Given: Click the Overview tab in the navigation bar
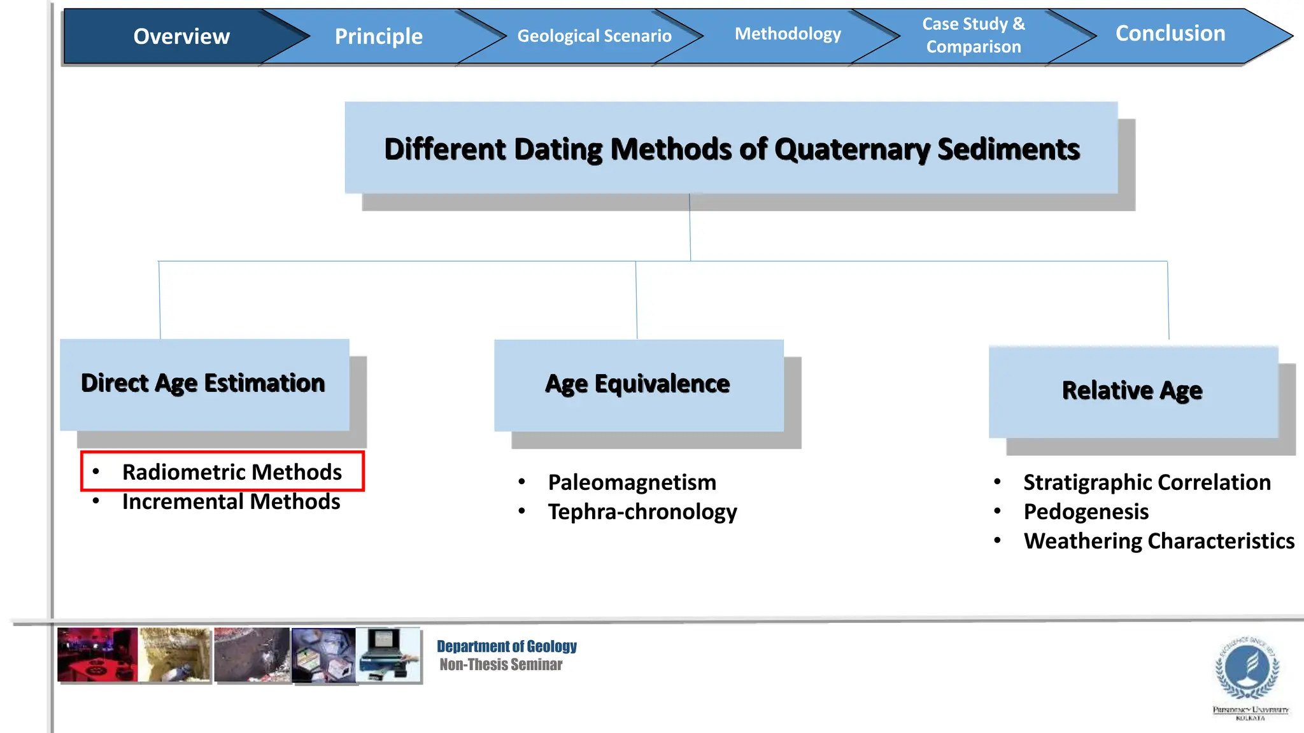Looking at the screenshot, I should click(181, 36).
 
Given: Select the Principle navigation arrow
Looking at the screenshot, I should click(378, 36).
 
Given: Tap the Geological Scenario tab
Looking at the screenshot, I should click(593, 36).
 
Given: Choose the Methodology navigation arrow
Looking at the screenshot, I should click(788, 34).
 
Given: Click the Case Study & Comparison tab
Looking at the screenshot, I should click(973, 35).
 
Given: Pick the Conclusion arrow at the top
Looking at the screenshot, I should click(1170, 33).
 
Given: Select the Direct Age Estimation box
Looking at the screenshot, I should click(204, 384).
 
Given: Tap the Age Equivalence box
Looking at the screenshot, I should click(638, 384).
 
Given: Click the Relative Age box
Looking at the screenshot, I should click(1132, 391).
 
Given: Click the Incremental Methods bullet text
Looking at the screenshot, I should click(230, 502).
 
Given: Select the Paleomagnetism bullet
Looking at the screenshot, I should click(632, 482).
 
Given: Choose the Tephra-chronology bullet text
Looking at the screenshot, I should click(642, 512).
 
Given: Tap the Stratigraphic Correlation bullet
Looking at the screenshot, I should click(1146, 482).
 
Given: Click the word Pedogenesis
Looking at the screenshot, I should click(1086, 512).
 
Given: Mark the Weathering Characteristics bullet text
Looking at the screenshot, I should click(1158, 541).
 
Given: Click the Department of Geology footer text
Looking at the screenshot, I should click(506, 646).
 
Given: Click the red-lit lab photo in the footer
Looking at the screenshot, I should click(97, 655).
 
